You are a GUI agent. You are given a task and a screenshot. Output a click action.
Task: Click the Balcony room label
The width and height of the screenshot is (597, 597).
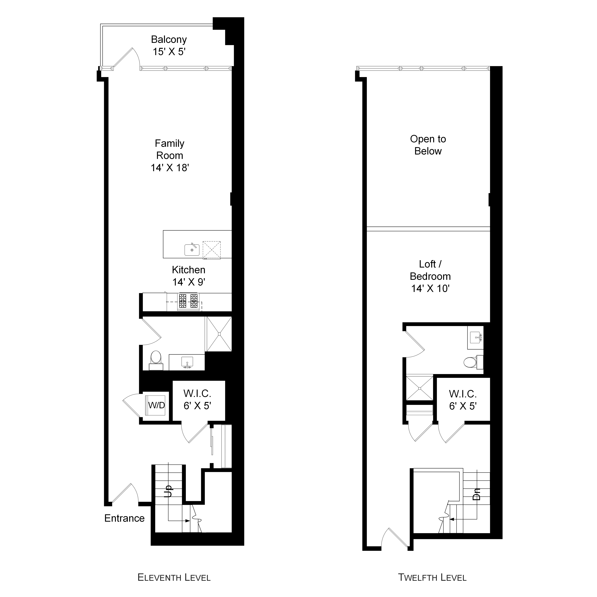[169, 40]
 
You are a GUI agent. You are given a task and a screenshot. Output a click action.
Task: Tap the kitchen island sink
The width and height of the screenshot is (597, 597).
[192, 250]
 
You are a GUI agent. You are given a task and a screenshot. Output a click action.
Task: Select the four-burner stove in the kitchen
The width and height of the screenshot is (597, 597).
[188, 301]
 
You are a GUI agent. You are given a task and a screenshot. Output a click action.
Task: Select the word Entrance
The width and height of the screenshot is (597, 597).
[124, 518]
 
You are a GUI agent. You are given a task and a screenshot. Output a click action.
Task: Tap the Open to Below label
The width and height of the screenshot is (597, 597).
[428, 145]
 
